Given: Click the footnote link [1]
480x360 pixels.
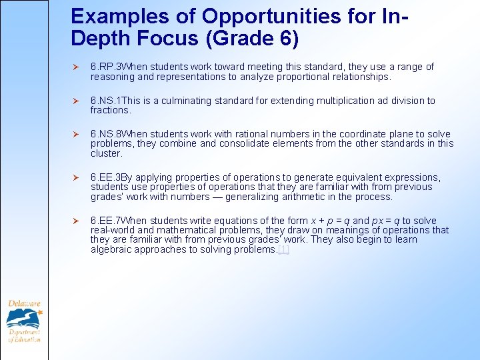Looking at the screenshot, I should (283, 249).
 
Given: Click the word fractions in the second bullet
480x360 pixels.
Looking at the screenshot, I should (109, 110).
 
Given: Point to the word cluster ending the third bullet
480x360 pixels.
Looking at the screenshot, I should (105, 153).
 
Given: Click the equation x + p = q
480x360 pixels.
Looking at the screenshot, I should (330, 221).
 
